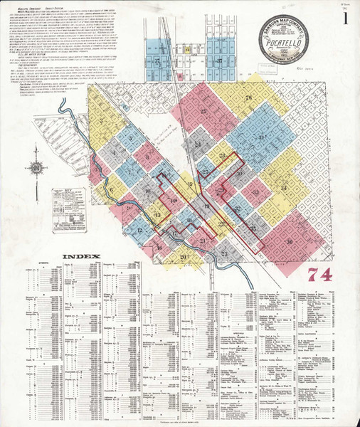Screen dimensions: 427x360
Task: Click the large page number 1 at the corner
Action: tap(346, 19)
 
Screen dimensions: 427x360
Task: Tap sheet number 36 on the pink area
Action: tap(289, 241)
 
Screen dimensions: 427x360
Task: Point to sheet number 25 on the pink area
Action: tap(204, 111)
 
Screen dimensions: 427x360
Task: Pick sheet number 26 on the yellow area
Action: tap(248, 97)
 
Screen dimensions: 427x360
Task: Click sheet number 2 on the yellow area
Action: tap(102, 120)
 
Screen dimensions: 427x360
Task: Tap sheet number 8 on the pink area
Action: tap(147, 156)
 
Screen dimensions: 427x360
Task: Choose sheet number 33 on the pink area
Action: tap(255, 191)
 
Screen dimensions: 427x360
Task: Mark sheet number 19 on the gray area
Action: tap(207, 206)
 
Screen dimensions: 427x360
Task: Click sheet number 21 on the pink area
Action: tap(203, 241)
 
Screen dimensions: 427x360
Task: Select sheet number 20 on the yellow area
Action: tap(183, 257)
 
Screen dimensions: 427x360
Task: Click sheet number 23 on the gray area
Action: tap(223, 253)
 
